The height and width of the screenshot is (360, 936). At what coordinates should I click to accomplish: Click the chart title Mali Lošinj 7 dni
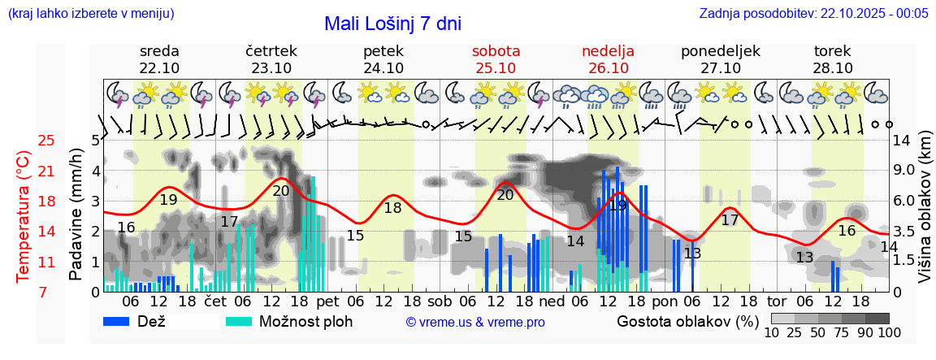[x=392, y=23]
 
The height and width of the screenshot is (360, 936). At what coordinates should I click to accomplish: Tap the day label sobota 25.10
[x=496, y=59]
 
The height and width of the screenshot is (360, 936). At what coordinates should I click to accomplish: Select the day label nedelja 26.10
[x=608, y=59]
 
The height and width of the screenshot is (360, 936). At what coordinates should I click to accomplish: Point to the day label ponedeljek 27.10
[x=720, y=59]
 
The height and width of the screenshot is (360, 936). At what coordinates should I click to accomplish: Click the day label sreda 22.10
[x=159, y=59]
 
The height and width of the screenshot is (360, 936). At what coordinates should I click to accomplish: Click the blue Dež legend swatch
[x=123, y=321]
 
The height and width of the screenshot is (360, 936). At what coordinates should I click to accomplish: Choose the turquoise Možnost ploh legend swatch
[x=239, y=321]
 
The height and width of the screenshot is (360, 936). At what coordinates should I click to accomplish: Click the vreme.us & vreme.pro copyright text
[x=475, y=322]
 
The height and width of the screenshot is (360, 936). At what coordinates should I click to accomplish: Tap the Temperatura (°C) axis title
[x=24, y=216]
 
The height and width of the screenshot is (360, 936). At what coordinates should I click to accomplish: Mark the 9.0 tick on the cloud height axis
[x=904, y=171]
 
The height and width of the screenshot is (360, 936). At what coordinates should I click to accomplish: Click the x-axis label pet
[x=328, y=300]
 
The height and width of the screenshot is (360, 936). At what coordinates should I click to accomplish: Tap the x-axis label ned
[x=552, y=300]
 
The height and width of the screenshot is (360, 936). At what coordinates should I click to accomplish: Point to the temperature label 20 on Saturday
[x=505, y=194]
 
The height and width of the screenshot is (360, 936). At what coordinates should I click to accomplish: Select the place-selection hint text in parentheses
[x=91, y=13]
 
